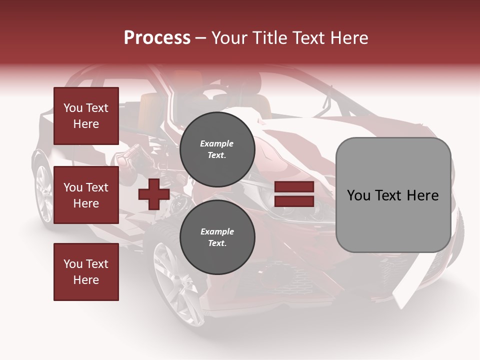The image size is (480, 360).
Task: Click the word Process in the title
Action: tap(157, 38)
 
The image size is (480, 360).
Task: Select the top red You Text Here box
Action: tap(86, 116)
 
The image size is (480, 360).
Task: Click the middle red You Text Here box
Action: tap(86, 195)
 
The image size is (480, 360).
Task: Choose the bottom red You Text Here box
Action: tap(86, 271)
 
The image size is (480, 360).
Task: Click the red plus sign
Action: tap(153, 194)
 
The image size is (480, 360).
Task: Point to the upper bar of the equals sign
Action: tap(293, 187)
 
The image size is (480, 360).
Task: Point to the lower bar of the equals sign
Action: tap(293, 201)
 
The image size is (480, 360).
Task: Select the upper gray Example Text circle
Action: tap(217, 149)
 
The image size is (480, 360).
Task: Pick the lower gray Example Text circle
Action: tap(217, 237)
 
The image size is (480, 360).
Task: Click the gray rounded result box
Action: tap(393, 195)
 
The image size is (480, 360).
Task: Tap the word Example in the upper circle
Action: tap(217, 143)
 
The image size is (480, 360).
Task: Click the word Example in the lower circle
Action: tap(217, 231)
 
